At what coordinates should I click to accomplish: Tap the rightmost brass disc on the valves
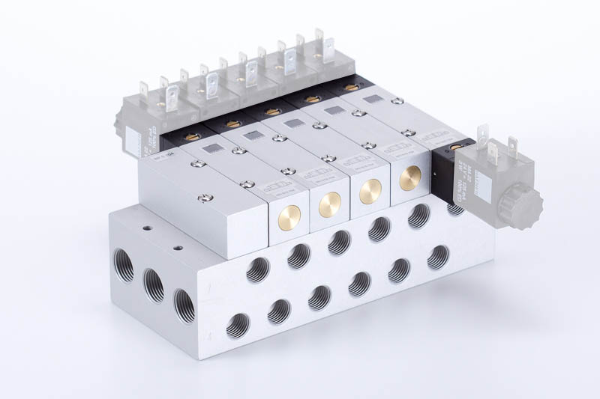click(x=410, y=178)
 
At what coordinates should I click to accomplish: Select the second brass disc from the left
click(x=330, y=204)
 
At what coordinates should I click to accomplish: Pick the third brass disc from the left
click(x=370, y=192)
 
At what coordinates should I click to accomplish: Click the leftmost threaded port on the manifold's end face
click(x=123, y=266)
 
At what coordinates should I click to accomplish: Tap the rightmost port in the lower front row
click(x=438, y=258)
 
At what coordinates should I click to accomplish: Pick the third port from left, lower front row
click(x=319, y=298)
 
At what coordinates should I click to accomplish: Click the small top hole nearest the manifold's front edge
click(x=177, y=246)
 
